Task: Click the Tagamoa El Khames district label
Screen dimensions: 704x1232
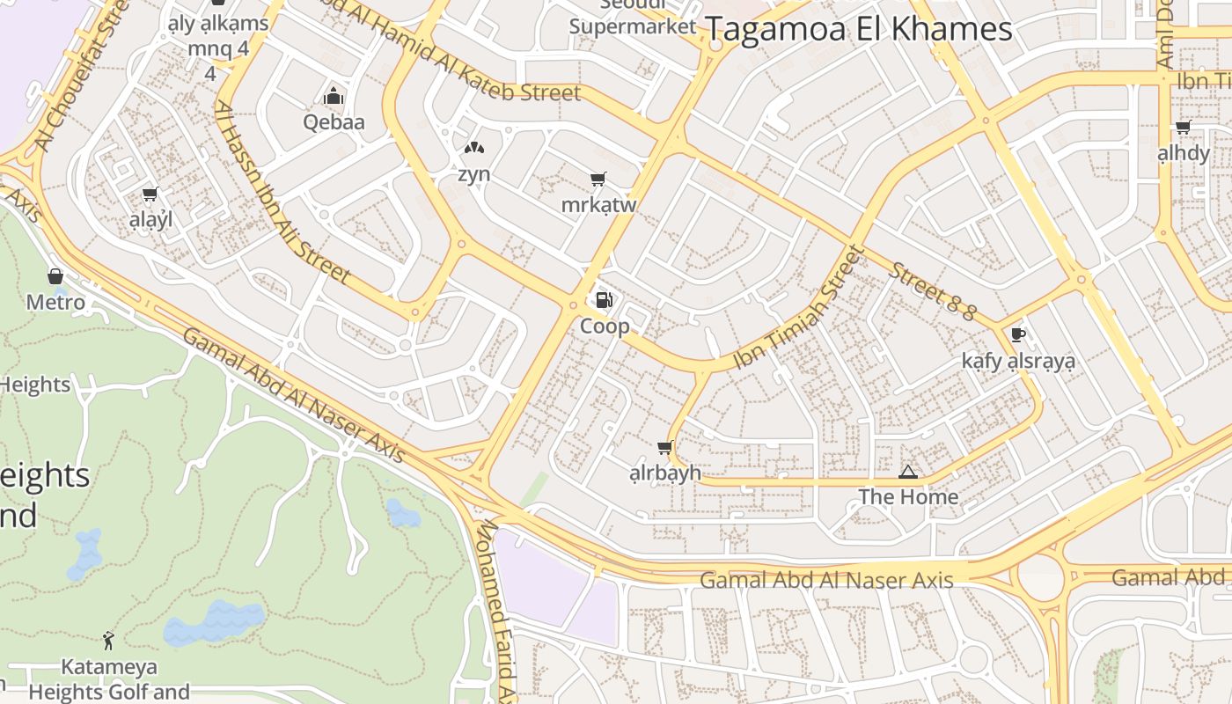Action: pyautogui.click(x=859, y=29)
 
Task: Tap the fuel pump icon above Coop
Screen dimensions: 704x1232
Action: pyautogui.click(x=604, y=300)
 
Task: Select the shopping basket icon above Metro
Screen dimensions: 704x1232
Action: pyautogui.click(x=55, y=276)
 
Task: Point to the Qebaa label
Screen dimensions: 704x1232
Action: pyautogui.click(x=334, y=121)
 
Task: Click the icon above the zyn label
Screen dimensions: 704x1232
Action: pyautogui.click(x=473, y=148)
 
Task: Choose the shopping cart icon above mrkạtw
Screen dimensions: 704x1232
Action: pyautogui.click(x=598, y=180)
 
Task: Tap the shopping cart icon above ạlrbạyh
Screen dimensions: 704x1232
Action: pyautogui.click(x=664, y=447)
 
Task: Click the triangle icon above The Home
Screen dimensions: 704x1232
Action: pyautogui.click(x=908, y=473)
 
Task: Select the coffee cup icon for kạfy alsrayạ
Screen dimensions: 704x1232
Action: pyautogui.click(x=1018, y=334)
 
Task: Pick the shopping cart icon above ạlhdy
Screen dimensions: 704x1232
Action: pyautogui.click(x=1183, y=128)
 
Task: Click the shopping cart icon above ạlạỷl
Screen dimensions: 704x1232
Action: pyautogui.click(x=150, y=194)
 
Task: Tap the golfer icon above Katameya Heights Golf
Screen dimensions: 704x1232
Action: pyautogui.click(x=108, y=640)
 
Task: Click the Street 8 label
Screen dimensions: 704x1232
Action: pyautogui.click(x=932, y=291)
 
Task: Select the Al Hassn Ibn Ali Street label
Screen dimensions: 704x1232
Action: pyautogui.click(x=282, y=194)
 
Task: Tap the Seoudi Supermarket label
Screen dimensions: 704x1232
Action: pyautogui.click(x=632, y=18)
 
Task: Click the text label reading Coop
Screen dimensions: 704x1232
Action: pyautogui.click(x=605, y=326)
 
